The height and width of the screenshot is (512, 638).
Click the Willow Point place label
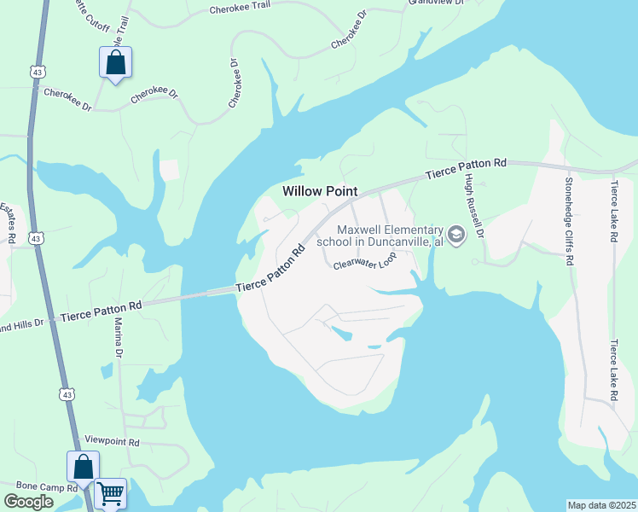pos(319,192)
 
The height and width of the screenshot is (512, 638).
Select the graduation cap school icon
pos(456,234)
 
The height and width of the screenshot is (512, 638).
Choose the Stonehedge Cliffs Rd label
pos(567,218)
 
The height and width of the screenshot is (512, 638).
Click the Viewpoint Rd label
pos(111,443)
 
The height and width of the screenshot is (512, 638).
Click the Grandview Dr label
pos(435,3)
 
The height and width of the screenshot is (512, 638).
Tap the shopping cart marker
pos(111,492)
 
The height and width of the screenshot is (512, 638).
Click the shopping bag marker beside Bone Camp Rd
pos(83,467)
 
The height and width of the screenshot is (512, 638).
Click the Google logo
pos(29,502)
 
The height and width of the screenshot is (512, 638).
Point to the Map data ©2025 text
pos(601,505)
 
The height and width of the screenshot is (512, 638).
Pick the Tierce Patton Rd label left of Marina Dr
pos(101,308)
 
